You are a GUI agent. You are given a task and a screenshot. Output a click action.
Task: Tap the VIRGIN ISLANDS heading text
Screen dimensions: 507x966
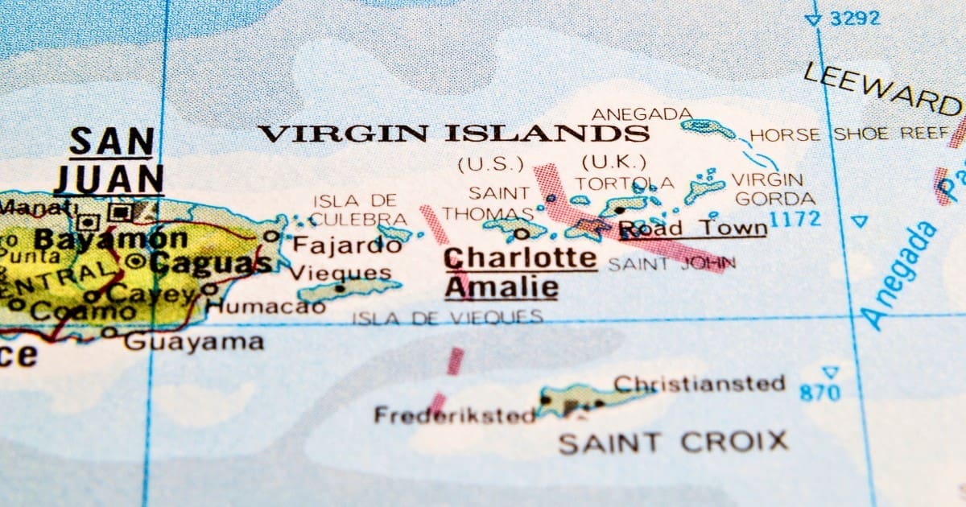[453, 134]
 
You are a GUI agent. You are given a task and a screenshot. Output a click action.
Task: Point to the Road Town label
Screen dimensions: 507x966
[691, 229]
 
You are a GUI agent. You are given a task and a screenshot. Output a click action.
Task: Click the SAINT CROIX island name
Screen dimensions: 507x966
[673, 442]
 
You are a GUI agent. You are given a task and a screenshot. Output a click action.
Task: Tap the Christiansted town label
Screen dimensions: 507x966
[699, 383]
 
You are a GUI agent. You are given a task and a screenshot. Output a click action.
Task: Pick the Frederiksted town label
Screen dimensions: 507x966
[454, 415]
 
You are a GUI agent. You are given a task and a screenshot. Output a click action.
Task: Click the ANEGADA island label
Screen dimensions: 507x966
[642, 113]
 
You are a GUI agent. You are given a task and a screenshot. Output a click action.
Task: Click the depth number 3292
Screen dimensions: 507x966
[856, 18]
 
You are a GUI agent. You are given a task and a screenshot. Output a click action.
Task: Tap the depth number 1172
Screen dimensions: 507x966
[795, 218]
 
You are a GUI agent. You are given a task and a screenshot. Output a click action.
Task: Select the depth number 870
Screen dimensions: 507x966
[819, 393]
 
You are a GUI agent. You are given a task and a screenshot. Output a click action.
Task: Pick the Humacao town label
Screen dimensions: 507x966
[256, 306]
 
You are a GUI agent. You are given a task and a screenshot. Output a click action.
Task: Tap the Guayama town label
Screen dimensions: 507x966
[193, 341]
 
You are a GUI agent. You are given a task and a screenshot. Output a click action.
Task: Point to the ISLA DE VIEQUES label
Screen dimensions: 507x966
[447, 318]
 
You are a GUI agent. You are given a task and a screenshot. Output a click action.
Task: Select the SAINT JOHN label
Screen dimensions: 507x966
[671, 263]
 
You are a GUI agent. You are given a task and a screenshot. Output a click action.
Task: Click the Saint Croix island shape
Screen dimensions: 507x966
[584, 398]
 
